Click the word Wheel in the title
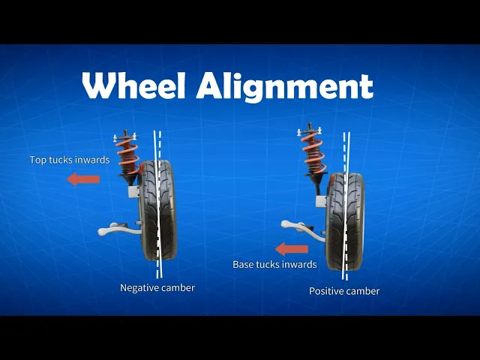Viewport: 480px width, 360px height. point(133,86)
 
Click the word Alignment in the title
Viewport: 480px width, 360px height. point(284,88)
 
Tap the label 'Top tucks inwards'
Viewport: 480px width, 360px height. point(70,160)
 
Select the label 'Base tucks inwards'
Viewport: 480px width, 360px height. point(274,264)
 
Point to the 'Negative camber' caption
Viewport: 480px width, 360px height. point(157,288)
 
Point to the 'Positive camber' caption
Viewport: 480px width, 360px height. point(344,291)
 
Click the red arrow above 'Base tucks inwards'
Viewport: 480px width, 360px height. point(291,248)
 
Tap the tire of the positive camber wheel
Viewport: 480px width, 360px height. point(344,221)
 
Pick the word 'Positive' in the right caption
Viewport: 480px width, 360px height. point(326,291)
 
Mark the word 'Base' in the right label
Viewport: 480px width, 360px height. point(244,264)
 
